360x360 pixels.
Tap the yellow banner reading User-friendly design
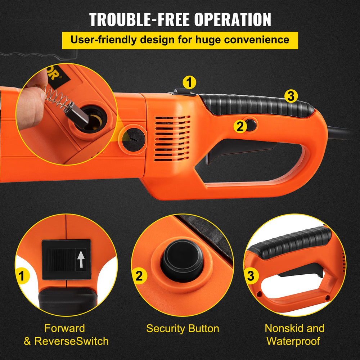pyautogui.click(x=180, y=40)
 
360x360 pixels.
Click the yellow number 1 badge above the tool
pyautogui.click(x=189, y=82)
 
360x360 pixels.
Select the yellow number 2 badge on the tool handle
pyautogui.click(x=240, y=126)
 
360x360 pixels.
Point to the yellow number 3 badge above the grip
pyautogui.click(x=291, y=96)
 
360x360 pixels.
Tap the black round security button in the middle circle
pyautogui.click(x=182, y=260)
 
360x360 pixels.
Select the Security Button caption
pyautogui.click(x=183, y=329)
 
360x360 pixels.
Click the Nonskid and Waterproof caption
pyautogui.click(x=294, y=334)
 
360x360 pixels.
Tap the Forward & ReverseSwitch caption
pyautogui.click(x=66, y=334)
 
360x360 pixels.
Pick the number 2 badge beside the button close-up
pyautogui.click(x=139, y=276)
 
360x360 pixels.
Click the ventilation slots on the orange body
pyautogui.click(x=172, y=139)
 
